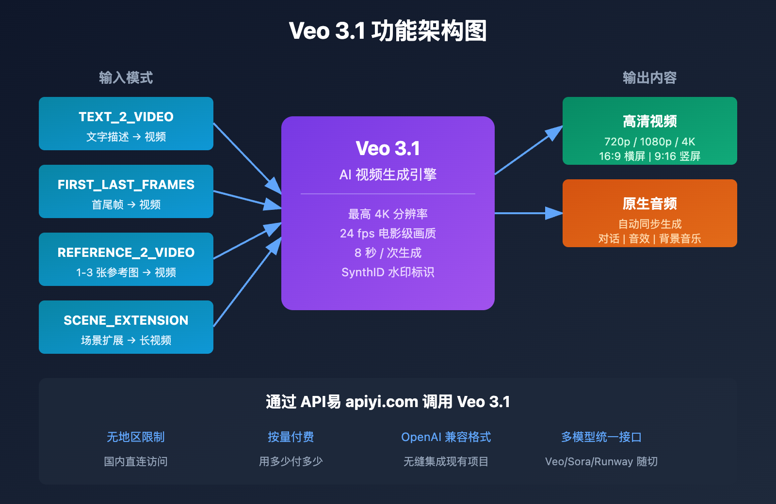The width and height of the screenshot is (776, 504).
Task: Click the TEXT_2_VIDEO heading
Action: pos(126,117)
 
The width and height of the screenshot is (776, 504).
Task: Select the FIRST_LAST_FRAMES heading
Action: pos(126,185)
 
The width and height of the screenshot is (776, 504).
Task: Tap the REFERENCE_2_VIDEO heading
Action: pos(126,252)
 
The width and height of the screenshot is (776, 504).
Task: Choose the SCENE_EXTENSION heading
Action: pos(126,320)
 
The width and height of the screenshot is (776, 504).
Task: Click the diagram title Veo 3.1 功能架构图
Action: pos(388,31)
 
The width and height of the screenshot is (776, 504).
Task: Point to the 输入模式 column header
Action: pos(126,78)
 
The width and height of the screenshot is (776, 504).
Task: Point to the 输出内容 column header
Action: pos(649,78)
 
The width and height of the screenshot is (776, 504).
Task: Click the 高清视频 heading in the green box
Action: pos(649,121)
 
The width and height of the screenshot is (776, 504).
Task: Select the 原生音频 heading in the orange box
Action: pos(649,204)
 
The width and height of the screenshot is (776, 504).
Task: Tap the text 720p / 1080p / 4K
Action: pos(649,142)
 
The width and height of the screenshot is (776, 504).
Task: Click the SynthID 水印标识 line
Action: pos(388,272)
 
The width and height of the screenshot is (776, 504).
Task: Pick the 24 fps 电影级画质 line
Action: pos(388,234)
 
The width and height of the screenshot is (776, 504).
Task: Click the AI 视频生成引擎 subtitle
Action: pos(388,174)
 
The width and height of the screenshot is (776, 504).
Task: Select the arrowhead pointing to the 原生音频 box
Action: pos(554,213)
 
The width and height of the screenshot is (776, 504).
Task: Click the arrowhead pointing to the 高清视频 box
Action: pos(554,132)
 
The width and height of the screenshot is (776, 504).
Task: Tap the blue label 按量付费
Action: pos(291,437)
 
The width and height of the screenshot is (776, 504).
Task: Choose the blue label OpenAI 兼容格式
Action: pos(446,437)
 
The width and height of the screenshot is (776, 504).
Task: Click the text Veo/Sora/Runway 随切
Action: pos(601,461)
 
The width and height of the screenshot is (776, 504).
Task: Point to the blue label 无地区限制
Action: pos(136,437)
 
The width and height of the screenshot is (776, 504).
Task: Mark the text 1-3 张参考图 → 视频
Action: pos(126,272)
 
